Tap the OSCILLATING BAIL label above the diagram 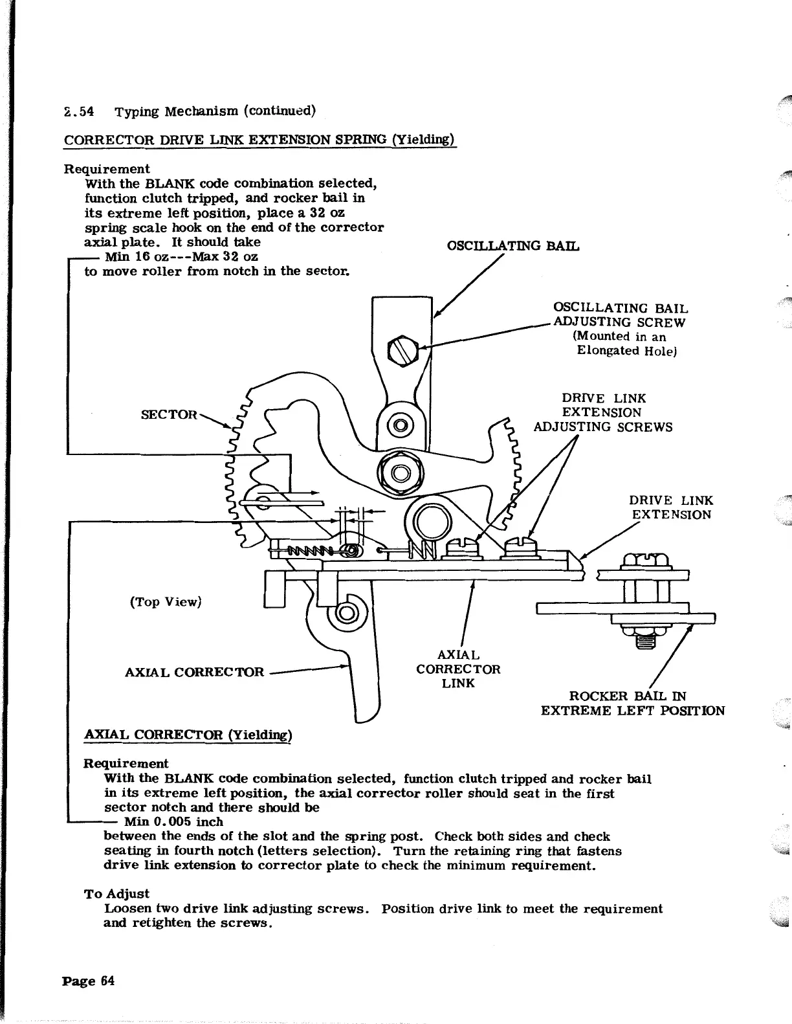click(x=513, y=246)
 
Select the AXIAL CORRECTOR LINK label click(x=458, y=669)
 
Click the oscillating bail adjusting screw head click(x=397, y=350)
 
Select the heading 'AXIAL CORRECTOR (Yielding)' click(x=189, y=735)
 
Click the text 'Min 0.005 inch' click(x=173, y=822)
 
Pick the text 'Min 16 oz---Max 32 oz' click(x=181, y=257)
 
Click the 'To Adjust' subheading click(x=117, y=894)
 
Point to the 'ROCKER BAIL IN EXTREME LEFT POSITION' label click(x=632, y=704)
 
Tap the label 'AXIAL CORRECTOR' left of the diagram click(x=195, y=672)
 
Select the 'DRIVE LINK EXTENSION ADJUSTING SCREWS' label click(x=603, y=413)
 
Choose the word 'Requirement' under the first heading click(x=107, y=169)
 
